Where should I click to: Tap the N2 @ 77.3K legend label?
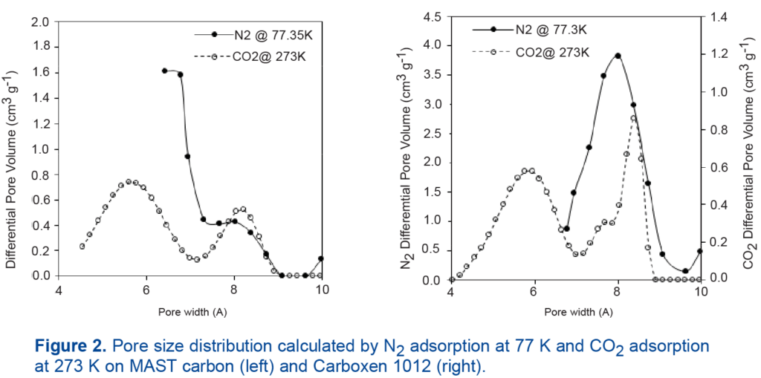point(551,30)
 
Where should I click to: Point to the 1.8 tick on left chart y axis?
point(40,47)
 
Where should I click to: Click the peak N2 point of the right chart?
point(618,56)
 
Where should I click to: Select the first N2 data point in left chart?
point(164,71)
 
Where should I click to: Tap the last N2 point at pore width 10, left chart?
point(321,258)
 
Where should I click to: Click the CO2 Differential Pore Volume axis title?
point(749,149)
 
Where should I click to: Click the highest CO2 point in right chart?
point(634,118)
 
